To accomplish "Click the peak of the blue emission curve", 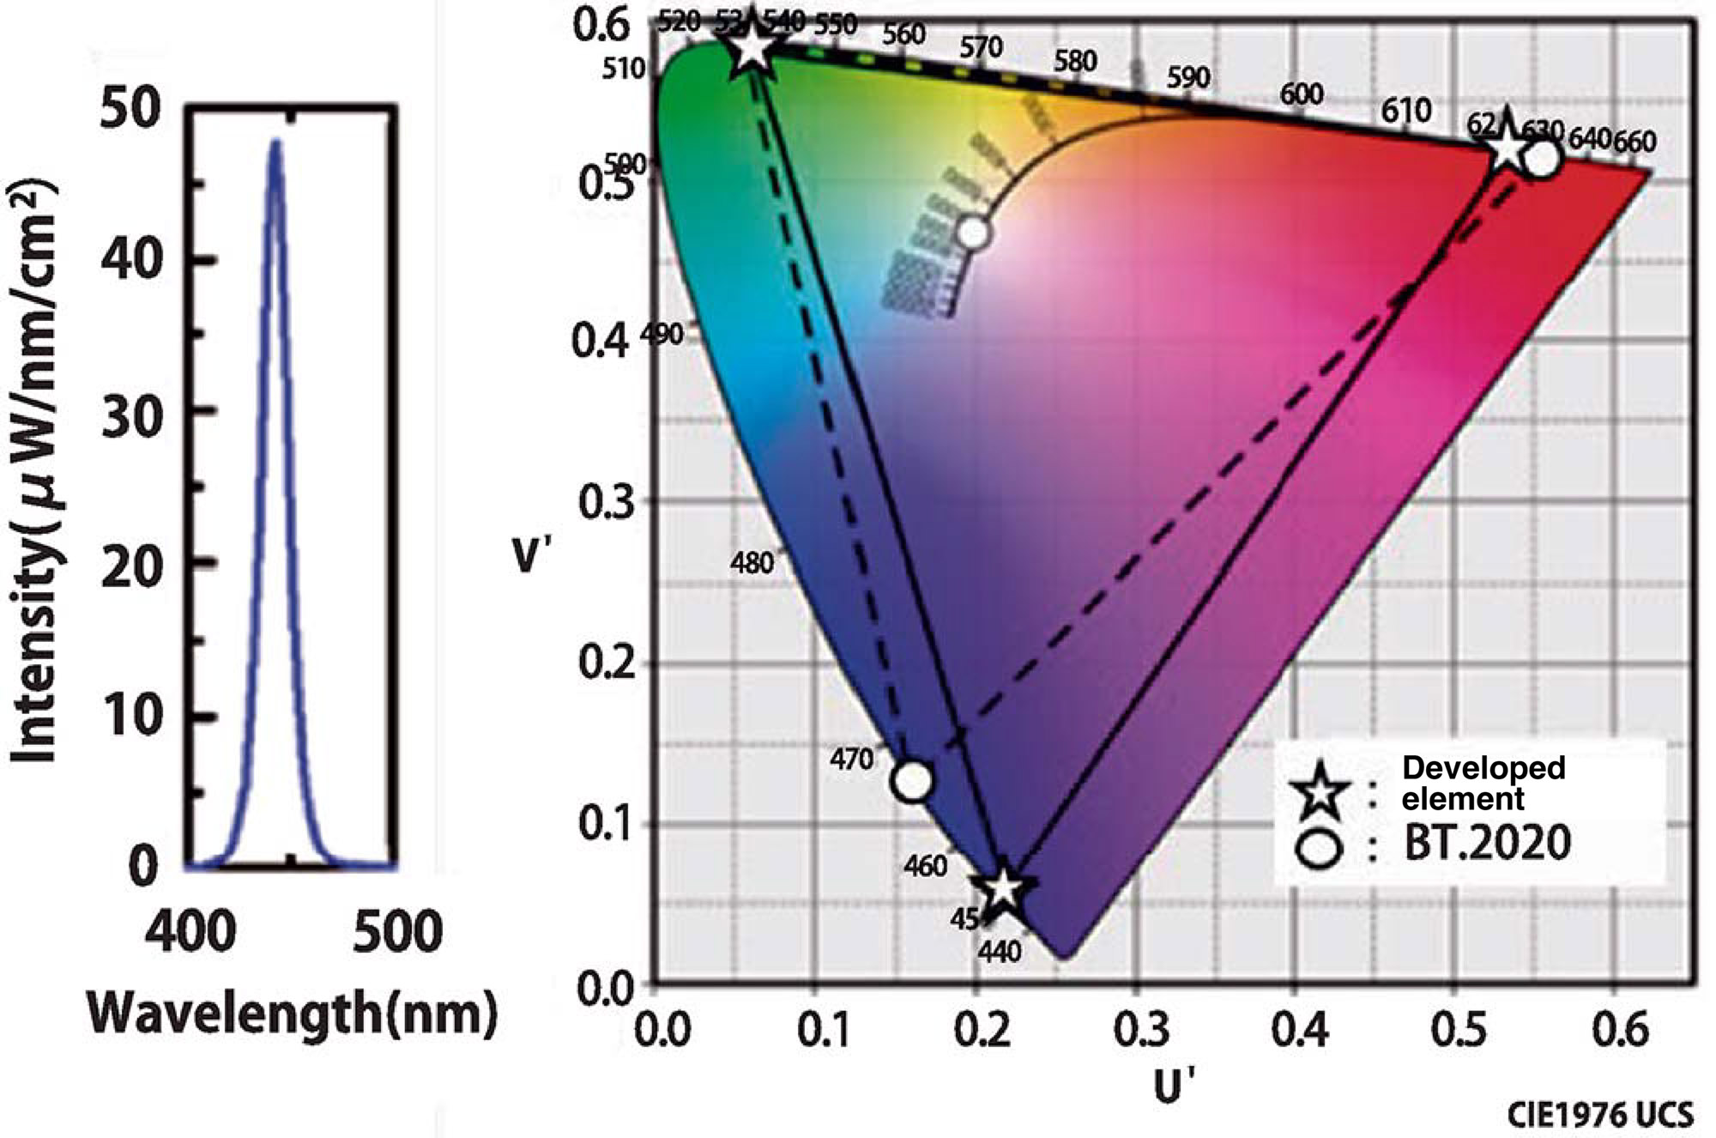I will tap(275, 142).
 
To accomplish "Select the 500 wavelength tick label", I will tap(398, 931).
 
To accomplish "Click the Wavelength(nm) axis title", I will tap(292, 1013).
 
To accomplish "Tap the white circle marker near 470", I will tap(913, 780).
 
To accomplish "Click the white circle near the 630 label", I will tap(1542, 159).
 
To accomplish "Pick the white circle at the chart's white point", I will tap(973, 232).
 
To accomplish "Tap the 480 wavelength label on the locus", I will tap(752, 563).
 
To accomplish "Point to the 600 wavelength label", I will tap(1302, 94).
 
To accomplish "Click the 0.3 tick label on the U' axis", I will tap(1142, 1030).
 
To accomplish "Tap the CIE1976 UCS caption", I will tap(1601, 1115).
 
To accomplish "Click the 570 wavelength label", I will tap(981, 47).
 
